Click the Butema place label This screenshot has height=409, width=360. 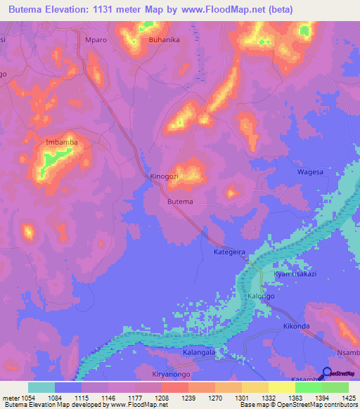point(180,202)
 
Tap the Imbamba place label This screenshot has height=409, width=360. point(60,142)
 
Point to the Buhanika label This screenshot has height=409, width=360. point(165,40)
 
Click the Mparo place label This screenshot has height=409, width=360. point(95,40)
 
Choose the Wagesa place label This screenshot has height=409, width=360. point(310,172)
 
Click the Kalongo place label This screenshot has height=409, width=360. point(262,297)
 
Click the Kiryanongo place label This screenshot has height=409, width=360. point(173,375)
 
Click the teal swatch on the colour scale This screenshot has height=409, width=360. point(41,387)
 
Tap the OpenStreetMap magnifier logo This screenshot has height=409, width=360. point(327,373)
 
